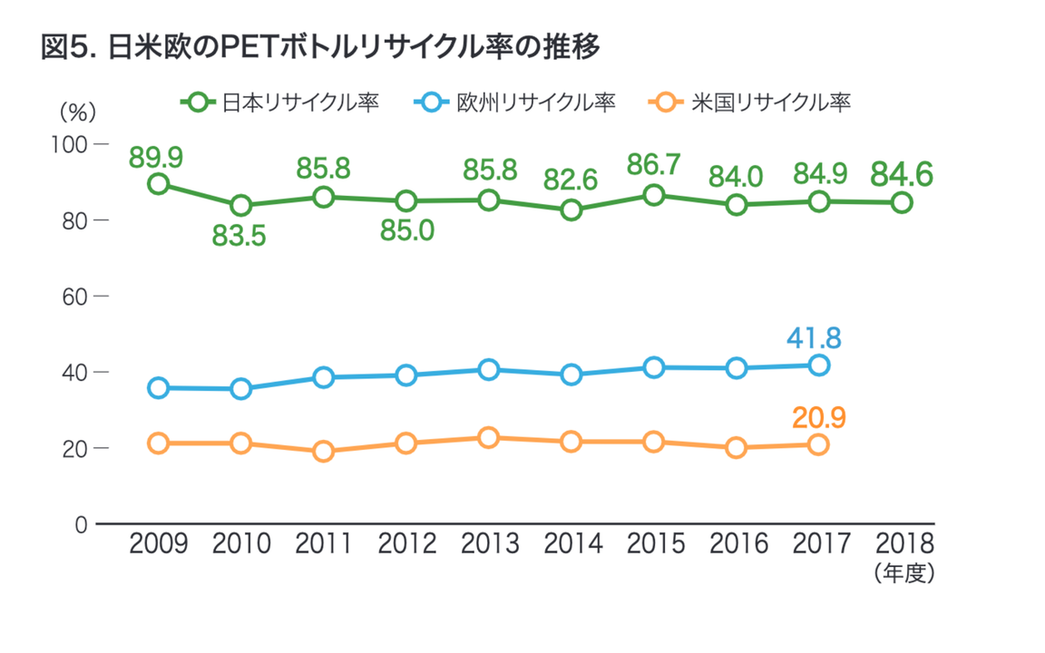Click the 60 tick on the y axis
coord(73,297)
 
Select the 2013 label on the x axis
coord(490,544)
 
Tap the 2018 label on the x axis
coord(902,544)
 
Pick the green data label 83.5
coord(239,236)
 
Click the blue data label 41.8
coord(814,338)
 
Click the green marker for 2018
coord(902,202)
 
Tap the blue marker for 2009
coord(158,388)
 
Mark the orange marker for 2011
coord(323,452)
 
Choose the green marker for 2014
coord(571,210)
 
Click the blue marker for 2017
coord(818,365)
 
